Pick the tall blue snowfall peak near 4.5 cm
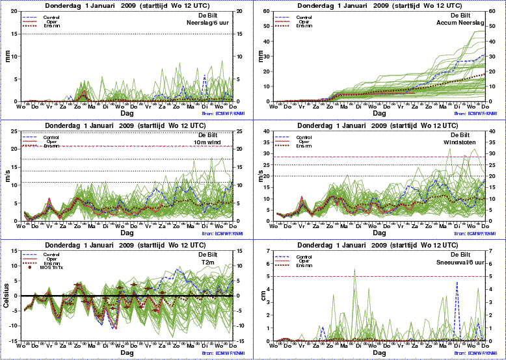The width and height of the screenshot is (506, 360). tap(457, 283)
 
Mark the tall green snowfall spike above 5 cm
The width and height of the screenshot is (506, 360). tap(354, 270)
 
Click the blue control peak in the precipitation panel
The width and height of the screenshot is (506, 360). tap(204, 76)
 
